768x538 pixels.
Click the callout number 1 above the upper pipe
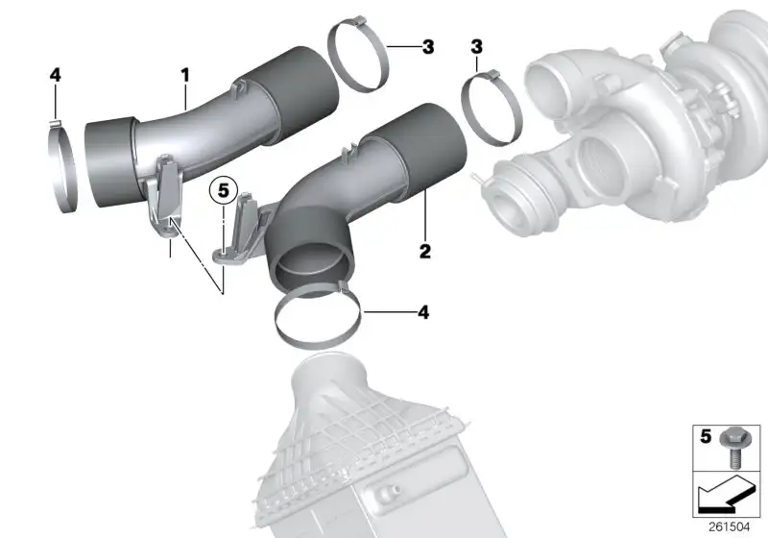(184, 76)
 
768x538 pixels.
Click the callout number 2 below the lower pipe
(424, 251)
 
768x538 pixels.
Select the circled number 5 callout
(224, 190)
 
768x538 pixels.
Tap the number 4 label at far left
(56, 75)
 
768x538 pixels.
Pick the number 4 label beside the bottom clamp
(423, 312)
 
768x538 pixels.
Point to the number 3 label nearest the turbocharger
(476, 47)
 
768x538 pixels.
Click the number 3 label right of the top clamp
(428, 47)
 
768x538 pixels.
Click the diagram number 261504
(729, 527)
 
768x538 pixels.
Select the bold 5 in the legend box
(706, 436)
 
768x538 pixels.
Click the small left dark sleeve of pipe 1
(110, 162)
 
